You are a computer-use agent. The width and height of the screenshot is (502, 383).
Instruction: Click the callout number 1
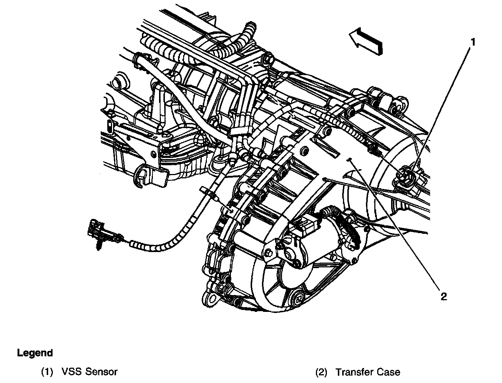pyautogui.click(x=472, y=42)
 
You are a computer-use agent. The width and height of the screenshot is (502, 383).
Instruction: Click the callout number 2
pyautogui.click(x=443, y=296)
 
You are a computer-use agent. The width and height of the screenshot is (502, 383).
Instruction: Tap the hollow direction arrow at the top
pyautogui.click(x=366, y=42)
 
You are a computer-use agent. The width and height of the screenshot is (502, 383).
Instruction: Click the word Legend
pyautogui.click(x=35, y=353)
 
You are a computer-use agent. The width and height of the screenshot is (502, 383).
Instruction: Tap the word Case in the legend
pyautogui.click(x=388, y=372)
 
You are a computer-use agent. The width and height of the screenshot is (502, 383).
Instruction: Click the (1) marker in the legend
pyautogui.click(x=47, y=372)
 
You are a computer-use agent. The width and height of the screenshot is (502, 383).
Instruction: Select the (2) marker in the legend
pyautogui.click(x=321, y=372)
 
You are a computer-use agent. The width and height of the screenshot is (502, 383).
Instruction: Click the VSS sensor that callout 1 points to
pyautogui.click(x=408, y=176)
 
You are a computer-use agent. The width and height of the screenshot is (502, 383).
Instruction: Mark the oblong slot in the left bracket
pyautogui.click(x=109, y=126)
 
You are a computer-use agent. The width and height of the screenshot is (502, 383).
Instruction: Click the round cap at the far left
pyautogui.click(x=119, y=81)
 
